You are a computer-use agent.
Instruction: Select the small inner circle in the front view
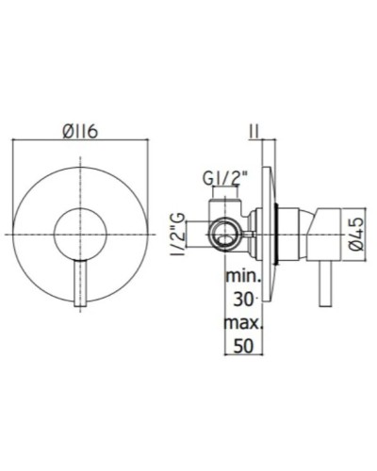point(79,233)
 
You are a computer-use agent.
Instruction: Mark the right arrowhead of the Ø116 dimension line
point(146,142)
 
